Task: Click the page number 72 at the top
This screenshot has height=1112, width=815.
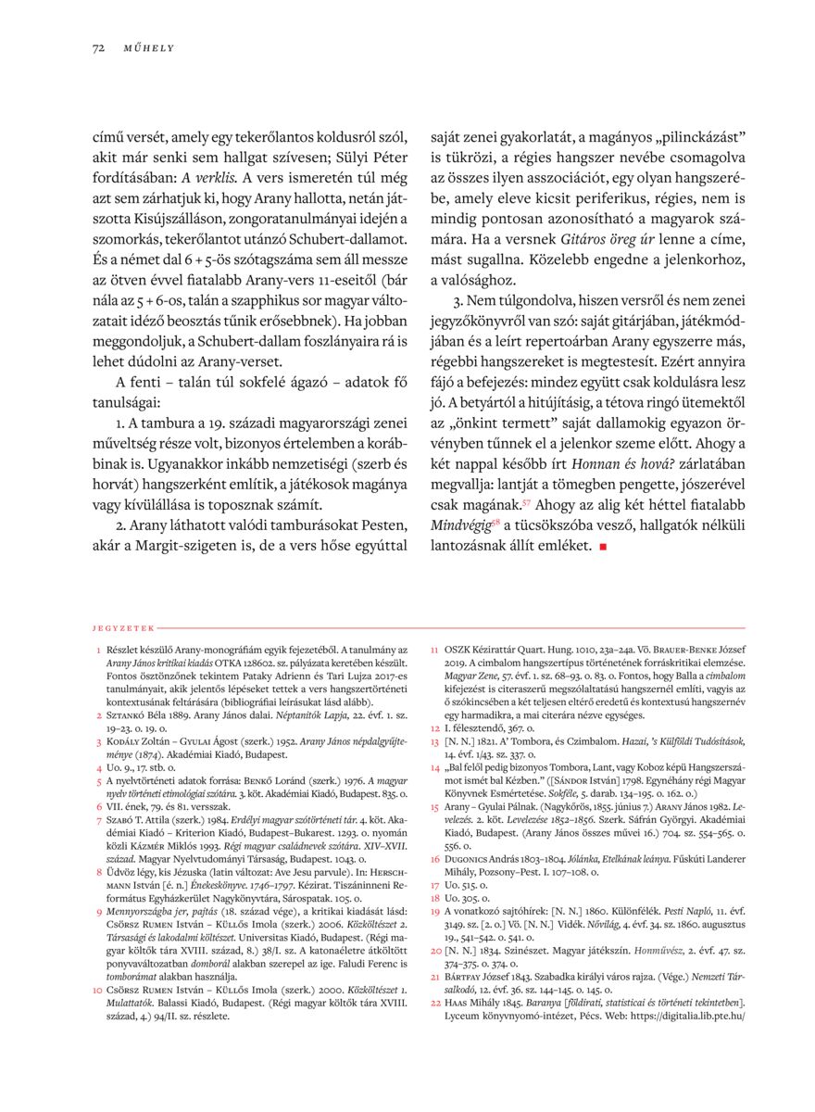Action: [97, 47]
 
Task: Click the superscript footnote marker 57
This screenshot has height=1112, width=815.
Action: [526, 503]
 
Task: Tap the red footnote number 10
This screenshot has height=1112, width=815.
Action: [97, 990]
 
